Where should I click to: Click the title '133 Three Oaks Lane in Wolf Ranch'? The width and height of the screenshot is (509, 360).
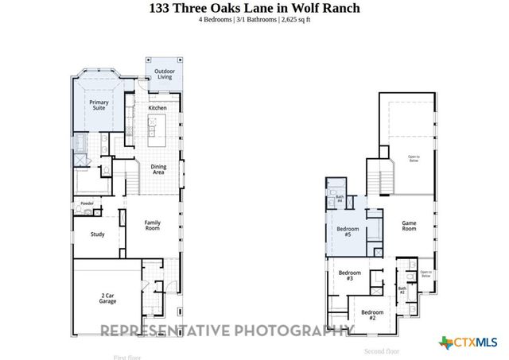(x=254, y=8)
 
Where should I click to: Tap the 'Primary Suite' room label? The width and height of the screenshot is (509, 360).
(x=99, y=105)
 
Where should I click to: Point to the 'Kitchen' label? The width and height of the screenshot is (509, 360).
(x=157, y=107)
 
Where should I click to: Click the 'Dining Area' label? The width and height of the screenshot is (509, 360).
(x=158, y=168)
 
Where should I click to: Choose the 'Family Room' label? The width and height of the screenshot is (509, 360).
(x=152, y=226)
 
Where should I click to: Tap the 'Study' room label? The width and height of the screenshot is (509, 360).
(x=98, y=234)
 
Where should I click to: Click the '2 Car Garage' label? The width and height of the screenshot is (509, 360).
(x=107, y=299)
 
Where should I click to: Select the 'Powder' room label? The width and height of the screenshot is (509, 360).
(x=87, y=204)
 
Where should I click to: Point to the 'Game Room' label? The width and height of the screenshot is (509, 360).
(x=409, y=226)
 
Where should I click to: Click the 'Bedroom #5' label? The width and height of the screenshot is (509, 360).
(x=348, y=232)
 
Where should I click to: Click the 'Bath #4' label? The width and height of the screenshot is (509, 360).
(x=340, y=199)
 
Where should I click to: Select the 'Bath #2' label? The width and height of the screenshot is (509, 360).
(x=402, y=291)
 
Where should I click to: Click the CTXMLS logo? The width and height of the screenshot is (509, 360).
(x=469, y=343)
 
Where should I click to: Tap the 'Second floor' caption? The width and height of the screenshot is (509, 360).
(x=382, y=350)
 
